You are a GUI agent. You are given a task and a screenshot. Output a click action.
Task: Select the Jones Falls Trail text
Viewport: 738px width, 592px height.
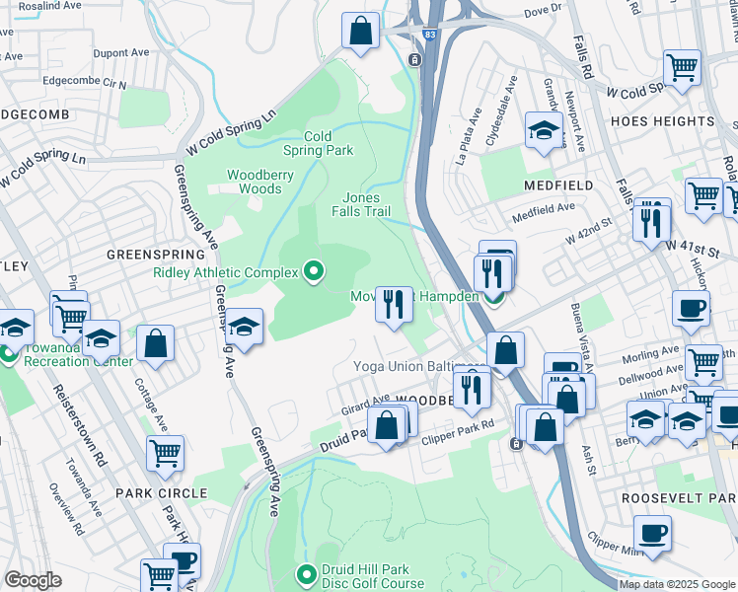coord(366,204)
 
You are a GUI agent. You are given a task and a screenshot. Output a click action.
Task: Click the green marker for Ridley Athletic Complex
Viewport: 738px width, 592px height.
coord(314,270)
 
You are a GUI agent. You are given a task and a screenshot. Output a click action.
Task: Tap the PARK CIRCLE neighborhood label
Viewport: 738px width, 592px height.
coord(161,492)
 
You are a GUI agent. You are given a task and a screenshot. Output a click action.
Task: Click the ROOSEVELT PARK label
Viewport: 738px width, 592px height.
coord(680,499)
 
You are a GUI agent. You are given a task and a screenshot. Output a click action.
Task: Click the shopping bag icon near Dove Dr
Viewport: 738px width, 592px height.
coord(361,31)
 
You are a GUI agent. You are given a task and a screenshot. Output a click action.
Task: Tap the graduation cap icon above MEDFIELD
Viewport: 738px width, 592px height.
coord(543,131)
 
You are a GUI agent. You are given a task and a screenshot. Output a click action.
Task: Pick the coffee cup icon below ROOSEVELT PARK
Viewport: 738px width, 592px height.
coord(652,534)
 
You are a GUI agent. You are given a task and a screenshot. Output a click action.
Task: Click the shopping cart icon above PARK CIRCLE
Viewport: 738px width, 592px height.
coord(165,454)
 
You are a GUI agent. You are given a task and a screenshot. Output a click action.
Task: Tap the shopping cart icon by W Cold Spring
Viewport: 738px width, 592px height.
coord(682,68)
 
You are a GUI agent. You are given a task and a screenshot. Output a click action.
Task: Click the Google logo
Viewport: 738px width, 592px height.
coord(33,580)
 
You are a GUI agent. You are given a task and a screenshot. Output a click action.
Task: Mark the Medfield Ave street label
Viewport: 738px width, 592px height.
coord(544,208)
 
